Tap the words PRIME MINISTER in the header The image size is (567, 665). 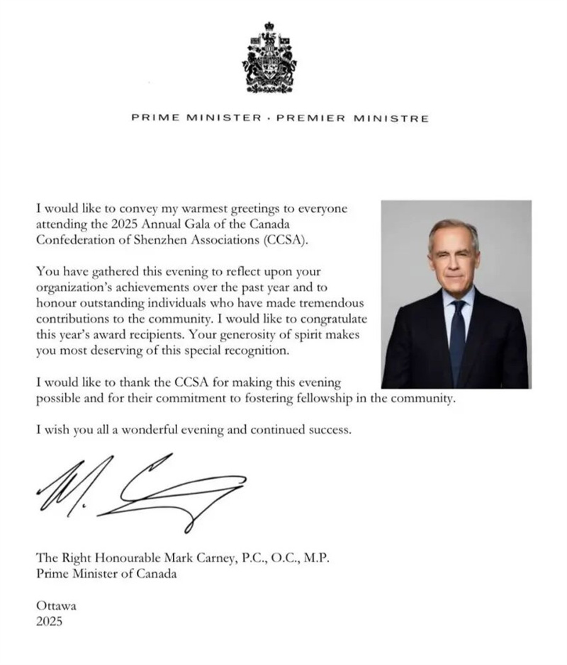point(196,118)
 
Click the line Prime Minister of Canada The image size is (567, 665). point(106,574)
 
